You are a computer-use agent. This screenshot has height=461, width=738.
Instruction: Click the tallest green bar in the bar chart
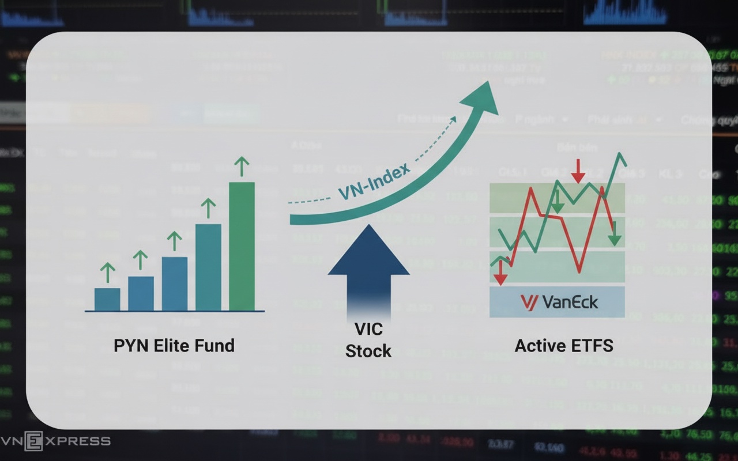click(x=242, y=247)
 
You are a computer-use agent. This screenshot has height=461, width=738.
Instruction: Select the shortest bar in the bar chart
click(x=107, y=299)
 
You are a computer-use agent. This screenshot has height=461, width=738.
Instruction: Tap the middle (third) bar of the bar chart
click(x=174, y=284)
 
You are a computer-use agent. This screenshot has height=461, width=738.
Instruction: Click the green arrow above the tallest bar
click(x=242, y=167)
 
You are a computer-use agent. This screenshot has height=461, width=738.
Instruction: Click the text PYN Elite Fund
click(x=174, y=346)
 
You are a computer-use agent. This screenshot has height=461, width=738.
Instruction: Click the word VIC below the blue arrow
click(x=368, y=330)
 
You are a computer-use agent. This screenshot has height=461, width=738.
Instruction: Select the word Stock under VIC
click(x=368, y=351)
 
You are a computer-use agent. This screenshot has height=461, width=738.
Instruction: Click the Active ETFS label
click(x=563, y=346)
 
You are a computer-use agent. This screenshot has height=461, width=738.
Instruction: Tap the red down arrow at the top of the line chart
click(x=578, y=171)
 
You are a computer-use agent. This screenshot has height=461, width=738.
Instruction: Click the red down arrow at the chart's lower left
click(x=500, y=273)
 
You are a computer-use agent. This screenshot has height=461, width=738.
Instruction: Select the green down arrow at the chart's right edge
click(x=615, y=234)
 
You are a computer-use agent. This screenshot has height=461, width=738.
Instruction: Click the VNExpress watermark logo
click(x=55, y=441)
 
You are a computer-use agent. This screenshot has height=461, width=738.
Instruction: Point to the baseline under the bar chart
click(x=174, y=312)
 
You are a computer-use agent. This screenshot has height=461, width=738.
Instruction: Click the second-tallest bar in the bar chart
click(x=208, y=267)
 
